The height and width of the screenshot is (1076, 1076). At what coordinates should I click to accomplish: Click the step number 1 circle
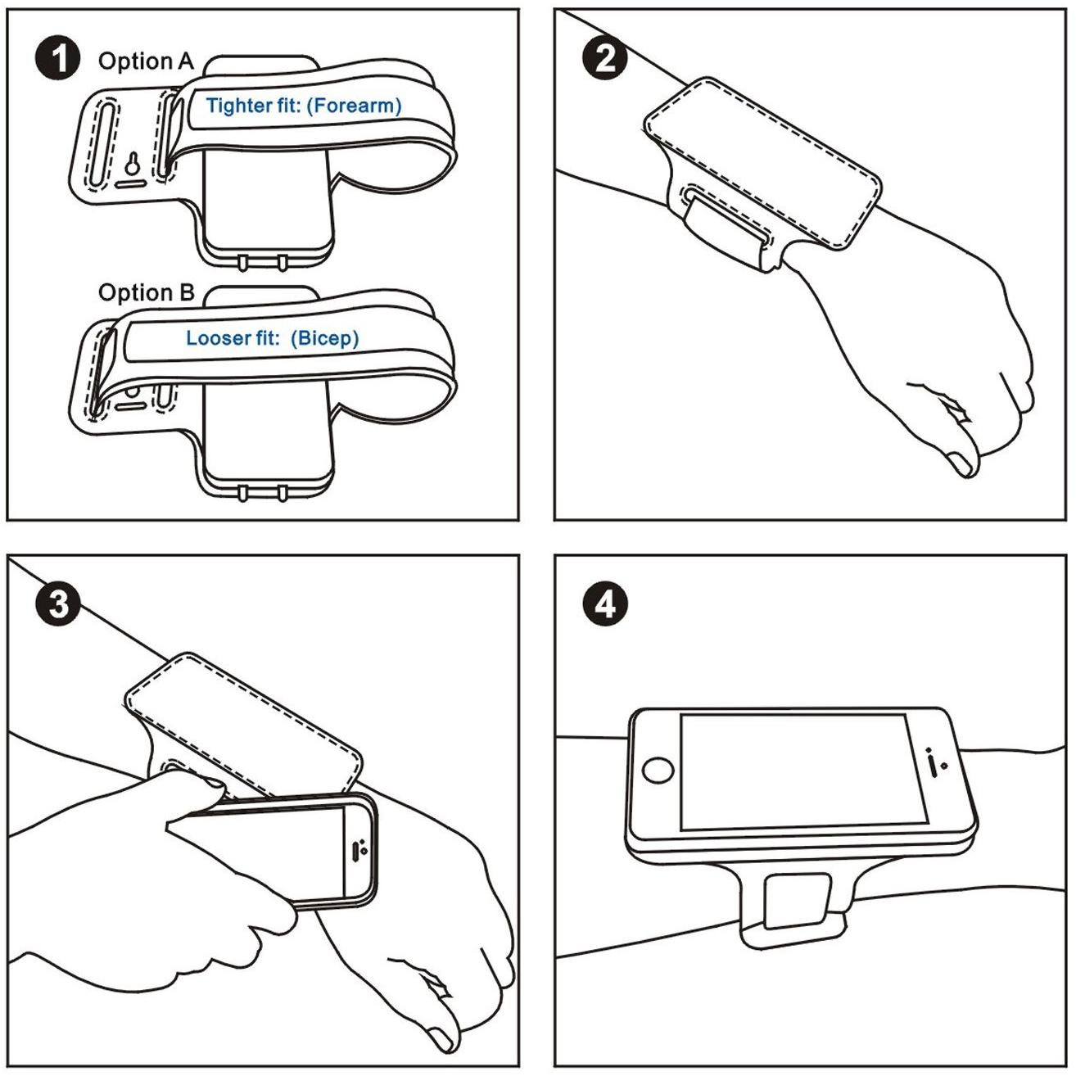58,59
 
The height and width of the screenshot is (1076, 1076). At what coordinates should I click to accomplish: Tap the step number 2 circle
604,59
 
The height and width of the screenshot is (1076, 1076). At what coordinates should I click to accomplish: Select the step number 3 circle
58,604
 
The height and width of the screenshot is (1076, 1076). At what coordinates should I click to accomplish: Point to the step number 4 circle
604,604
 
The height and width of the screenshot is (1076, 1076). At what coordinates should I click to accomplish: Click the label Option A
146,61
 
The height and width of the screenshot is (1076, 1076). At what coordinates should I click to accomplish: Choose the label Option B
147,292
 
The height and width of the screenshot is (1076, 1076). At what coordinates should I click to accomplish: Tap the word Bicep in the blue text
324,338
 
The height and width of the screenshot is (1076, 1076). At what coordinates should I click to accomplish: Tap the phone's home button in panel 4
658,771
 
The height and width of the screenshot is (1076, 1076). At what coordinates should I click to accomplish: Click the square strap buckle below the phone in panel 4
796,902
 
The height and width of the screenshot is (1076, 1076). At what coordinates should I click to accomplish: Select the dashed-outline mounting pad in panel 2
762,162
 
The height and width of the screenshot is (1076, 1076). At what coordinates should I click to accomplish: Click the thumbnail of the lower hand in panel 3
442,1038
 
